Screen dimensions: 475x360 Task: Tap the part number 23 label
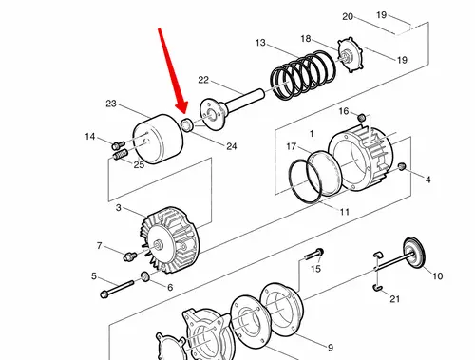click(x=111, y=104)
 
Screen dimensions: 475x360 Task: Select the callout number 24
click(x=232, y=146)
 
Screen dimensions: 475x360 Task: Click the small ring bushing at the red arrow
click(x=186, y=124)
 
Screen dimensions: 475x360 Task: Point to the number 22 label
click(x=203, y=80)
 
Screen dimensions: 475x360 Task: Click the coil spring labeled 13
click(x=303, y=75)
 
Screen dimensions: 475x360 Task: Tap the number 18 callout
click(x=306, y=39)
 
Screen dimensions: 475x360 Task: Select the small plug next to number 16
click(x=362, y=118)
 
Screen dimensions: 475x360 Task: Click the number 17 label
click(x=292, y=146)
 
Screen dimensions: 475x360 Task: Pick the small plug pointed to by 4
click(x=402, y=166)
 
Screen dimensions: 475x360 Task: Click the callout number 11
click(x=345, y=212)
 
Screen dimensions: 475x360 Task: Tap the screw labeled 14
click(x=119, y=145)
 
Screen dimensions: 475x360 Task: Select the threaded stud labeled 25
click(x=120, y=155)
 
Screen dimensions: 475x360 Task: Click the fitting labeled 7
click(x=130, y=256)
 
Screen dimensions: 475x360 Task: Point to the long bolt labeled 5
click(x=117, y=289)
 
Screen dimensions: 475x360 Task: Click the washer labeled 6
click(x=145, y=276)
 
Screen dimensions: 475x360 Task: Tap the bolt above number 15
click(x=314, y=254)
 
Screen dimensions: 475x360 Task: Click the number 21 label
click(x=394, y=298)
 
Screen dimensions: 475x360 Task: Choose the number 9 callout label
click(x=331, y=348)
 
